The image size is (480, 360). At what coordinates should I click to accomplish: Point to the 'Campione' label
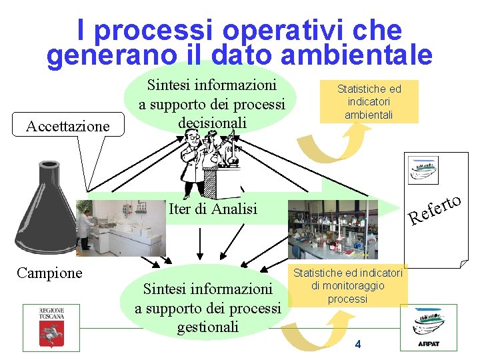click(x=49, y=273)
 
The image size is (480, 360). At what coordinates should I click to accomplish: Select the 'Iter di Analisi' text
click(x=213, y=209)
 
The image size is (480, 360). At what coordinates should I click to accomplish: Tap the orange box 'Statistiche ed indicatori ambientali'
click(x=369, y=101)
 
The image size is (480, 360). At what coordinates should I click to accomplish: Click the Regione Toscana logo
click(x=51, y=326)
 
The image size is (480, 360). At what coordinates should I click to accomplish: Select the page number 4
click(x=358, y=344)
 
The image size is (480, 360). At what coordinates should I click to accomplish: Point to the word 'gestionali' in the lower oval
click(x=208, y=327)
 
